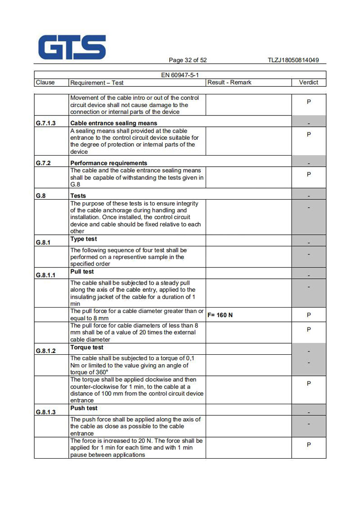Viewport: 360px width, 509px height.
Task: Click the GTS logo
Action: pos(72,47)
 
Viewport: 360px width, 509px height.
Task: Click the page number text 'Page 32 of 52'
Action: pos(188,60)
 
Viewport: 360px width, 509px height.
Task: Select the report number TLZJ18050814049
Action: pos(293,60)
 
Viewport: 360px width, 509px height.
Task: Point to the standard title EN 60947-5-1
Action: pos(180,75)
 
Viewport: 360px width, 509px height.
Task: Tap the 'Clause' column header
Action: pos(45,82)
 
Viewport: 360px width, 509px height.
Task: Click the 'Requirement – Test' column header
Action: pos(97,83)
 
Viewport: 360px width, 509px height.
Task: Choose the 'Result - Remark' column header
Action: pos(229,82)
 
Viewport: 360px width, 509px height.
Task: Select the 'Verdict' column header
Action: pos(308,82)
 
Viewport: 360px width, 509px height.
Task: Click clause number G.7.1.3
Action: pos(45,123)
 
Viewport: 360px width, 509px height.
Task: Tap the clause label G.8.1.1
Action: pos(45,275)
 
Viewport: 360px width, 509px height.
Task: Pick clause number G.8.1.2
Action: pos(45,351)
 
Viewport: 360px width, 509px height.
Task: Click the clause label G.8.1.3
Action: pos(45,412)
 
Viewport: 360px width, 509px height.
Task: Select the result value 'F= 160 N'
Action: pos(220,315)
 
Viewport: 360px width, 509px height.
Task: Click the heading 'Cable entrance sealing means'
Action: pos(113,123)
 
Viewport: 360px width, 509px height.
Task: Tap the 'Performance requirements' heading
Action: pos(108,163)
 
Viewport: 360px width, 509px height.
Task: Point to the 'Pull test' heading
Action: pos(82,272)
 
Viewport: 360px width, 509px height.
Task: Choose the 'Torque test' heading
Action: pos(87,347)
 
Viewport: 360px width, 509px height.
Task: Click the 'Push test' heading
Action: pos(84,408)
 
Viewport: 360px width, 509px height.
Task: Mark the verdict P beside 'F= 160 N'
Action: pos(309,315)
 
